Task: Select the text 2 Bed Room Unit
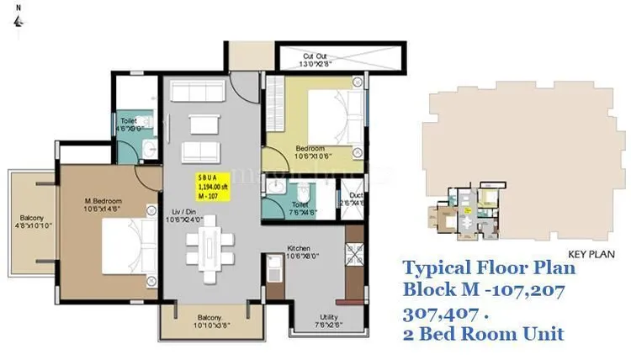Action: pos(485,334)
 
